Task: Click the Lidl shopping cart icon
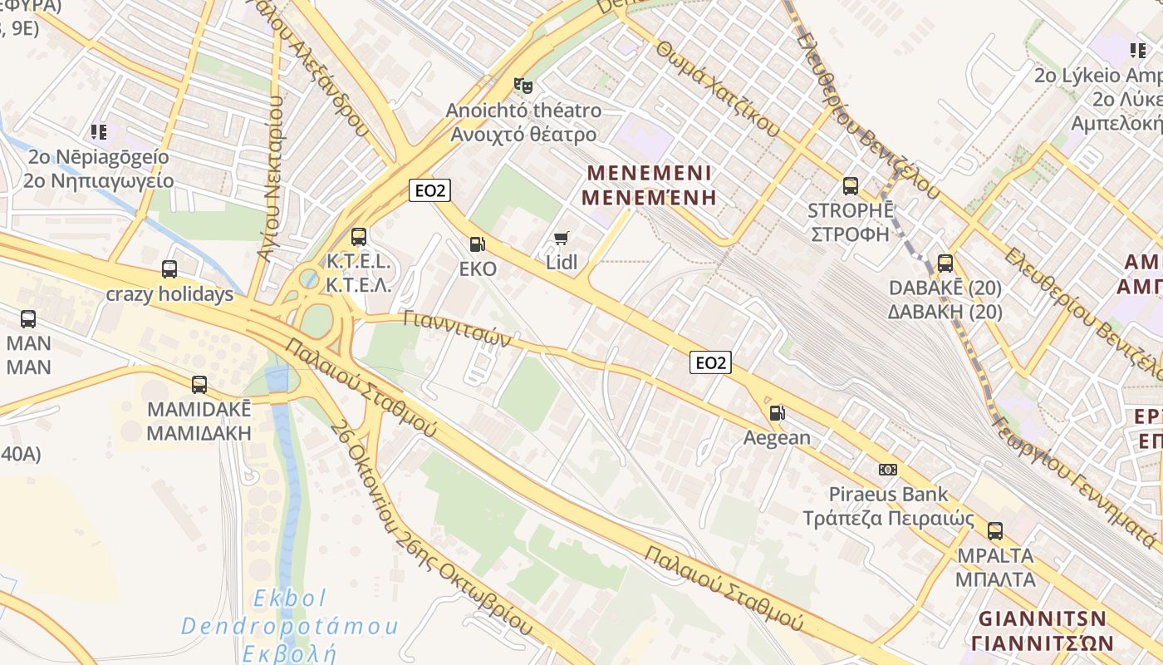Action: (x=561, y=239)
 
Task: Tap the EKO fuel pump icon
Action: (x=478, y=244)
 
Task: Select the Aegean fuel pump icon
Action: (x=777, y=413)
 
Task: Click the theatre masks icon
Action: (x=523, y=85)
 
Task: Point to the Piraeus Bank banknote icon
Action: (x=888, y=470)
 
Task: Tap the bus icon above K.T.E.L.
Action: (x=359, y=237)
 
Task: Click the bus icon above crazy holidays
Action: (x=169, y=269)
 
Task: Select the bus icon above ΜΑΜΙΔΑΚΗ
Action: (x=199, y=385)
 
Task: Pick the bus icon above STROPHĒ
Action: (x=850, y=185)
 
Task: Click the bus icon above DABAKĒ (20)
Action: (x=945, y=264)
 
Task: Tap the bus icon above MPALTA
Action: (x=995, y=530)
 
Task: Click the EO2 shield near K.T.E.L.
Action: (x=429, y=190)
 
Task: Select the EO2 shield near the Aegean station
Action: (x=710, y=362)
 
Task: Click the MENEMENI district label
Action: (x=650, y=173)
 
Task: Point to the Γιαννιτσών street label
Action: (x=456, y=330)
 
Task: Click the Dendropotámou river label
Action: (x=290, y=626)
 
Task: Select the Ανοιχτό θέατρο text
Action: (x=523, y=135)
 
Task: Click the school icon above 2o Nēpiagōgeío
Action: (x=99, y=132)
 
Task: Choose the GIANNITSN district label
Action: (x=1043, y=619)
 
